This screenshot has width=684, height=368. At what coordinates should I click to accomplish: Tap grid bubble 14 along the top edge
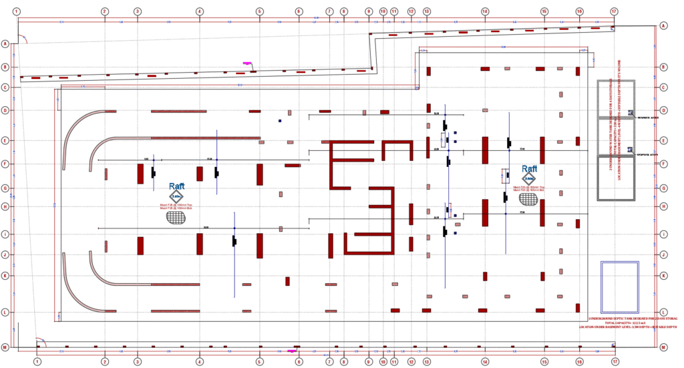click(485, 11)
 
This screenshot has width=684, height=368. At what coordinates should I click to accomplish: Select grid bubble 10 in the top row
click(383, 11)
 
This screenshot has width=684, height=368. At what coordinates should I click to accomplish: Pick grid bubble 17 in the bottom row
click(614, 361)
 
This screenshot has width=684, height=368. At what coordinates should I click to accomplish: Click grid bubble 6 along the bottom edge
click(299, 361)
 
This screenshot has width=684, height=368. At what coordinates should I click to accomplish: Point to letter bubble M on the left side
click(5, 348)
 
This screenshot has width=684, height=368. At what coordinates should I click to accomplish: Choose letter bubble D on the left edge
click(5, 110)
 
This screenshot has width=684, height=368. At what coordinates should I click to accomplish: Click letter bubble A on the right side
click(663, 25)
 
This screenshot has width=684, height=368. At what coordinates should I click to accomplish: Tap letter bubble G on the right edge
click(663, 188)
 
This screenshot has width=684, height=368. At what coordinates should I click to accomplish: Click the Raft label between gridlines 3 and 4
click(176, 186)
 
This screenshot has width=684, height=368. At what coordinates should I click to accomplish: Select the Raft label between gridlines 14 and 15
click(529, 169)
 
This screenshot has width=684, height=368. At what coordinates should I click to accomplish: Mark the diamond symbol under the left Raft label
click(176, 196)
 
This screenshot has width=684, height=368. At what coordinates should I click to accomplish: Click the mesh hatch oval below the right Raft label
click(529, 199)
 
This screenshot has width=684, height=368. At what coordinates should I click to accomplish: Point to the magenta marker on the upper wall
click(247, 63)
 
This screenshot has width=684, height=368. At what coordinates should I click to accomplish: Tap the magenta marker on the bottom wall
click(291, 351)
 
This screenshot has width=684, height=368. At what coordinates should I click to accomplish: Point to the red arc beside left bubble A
click(23, 39)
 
